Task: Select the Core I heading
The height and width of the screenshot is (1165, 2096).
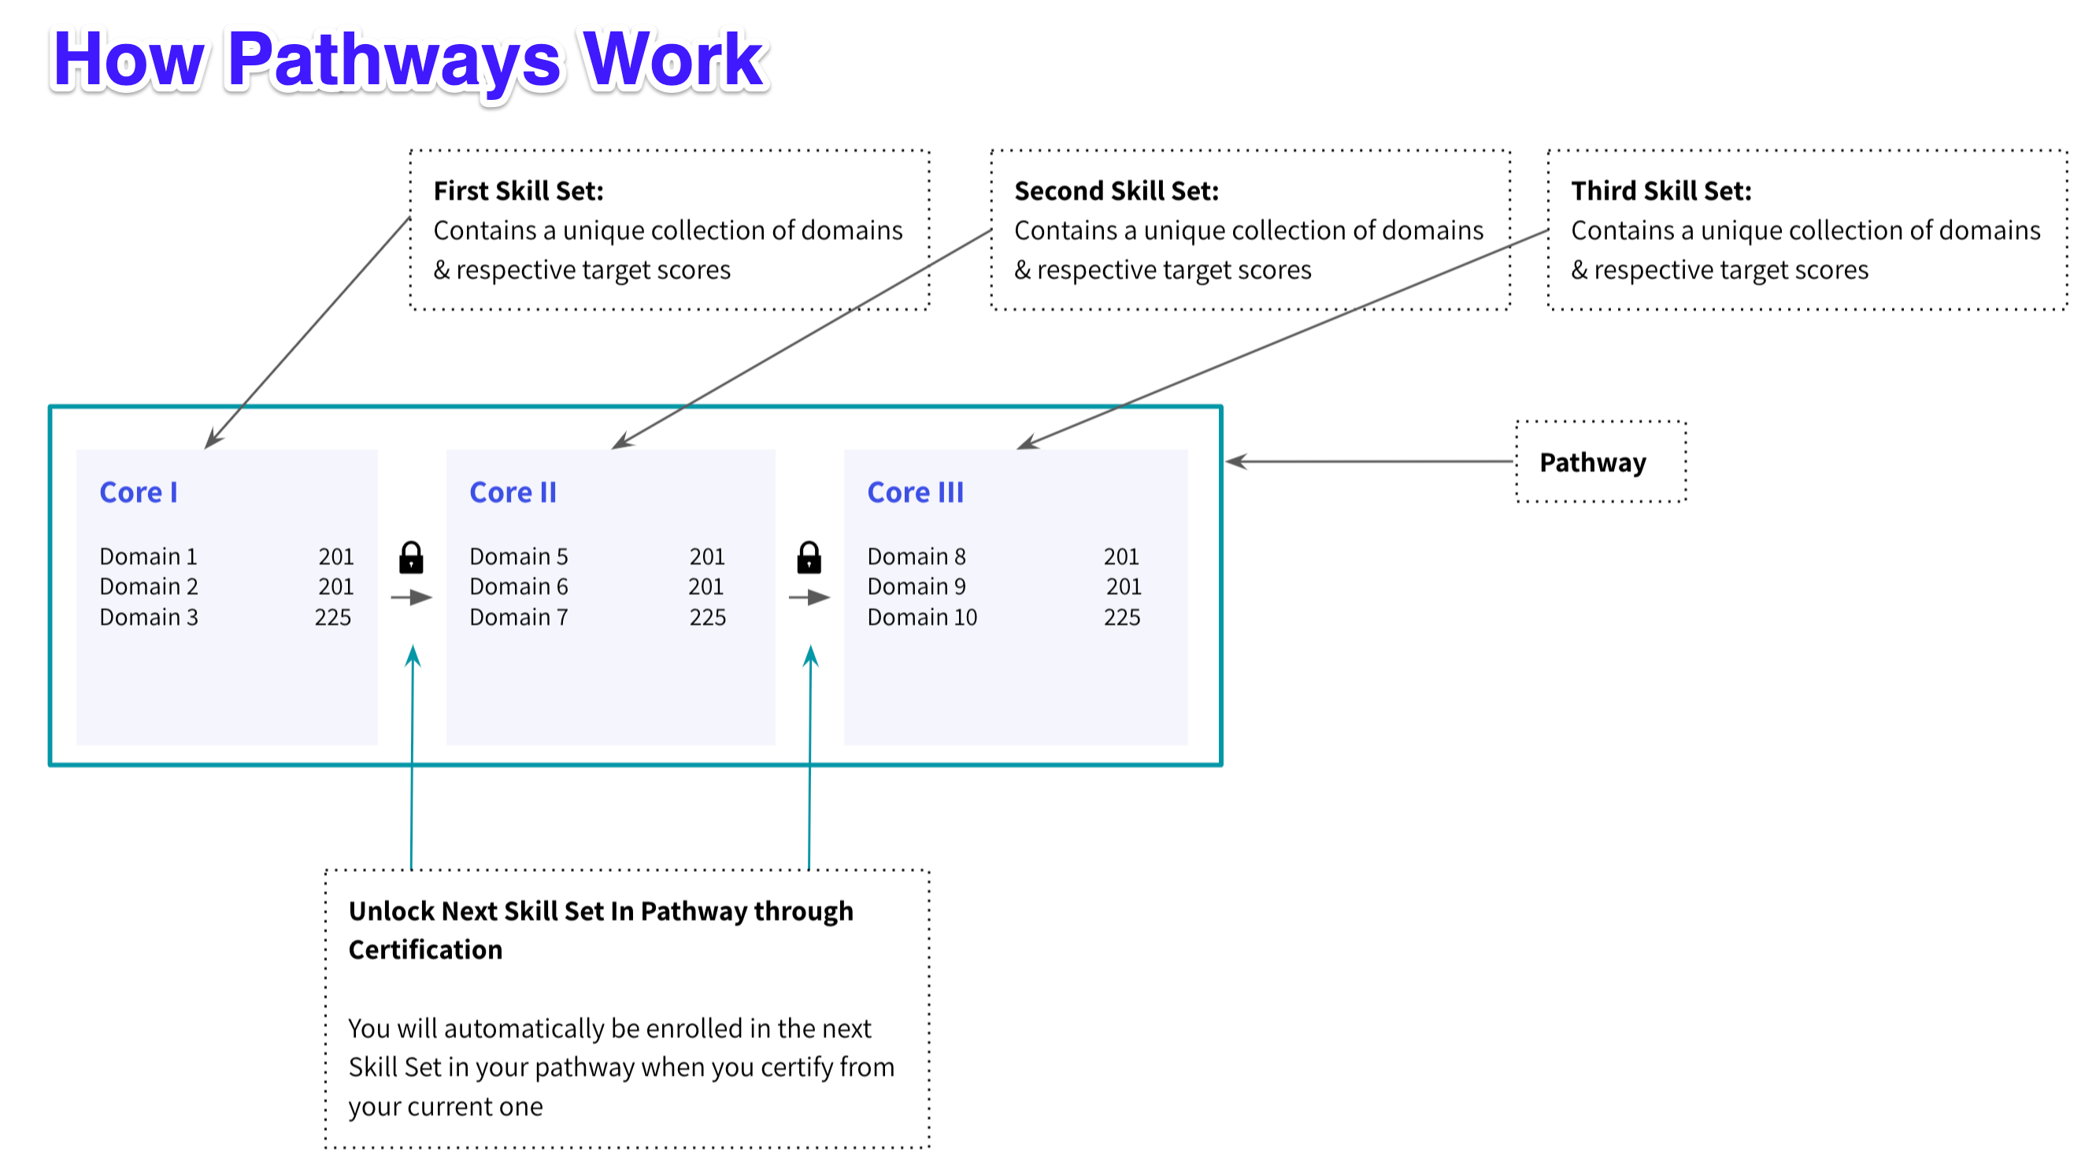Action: (x=138, y=492)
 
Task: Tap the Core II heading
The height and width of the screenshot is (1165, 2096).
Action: (x=513, y=492)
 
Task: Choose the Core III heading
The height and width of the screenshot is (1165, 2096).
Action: (x=915, y=492)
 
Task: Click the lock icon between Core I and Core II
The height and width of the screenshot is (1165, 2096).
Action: (x=411, y=558)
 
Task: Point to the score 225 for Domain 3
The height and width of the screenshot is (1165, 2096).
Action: (x=333, y=616)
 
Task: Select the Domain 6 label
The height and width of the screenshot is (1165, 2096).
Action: (x=518, y=586)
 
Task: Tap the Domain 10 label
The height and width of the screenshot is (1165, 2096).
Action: (x=921, y=616)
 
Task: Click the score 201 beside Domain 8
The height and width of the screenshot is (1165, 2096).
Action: (x=1120, y=557)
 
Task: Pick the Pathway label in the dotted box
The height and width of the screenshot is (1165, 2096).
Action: (x=1591, y=462)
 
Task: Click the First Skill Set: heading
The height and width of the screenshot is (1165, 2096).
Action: (x=518, y=190)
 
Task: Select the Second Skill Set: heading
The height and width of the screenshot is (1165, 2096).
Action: (x=1116, y=190)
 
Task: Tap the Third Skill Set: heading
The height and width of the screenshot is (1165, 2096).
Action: (x=1660, y=190)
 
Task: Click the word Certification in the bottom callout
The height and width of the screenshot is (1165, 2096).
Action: (x=424, y=949)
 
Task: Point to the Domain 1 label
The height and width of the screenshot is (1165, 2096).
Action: (x=148, y=557)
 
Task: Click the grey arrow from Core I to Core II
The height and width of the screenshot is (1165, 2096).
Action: (x=412, y=597)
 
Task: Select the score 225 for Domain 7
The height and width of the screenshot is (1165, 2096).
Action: (x=707, y=616)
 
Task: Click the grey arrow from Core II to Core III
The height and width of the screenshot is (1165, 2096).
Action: (x=809, y=597)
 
